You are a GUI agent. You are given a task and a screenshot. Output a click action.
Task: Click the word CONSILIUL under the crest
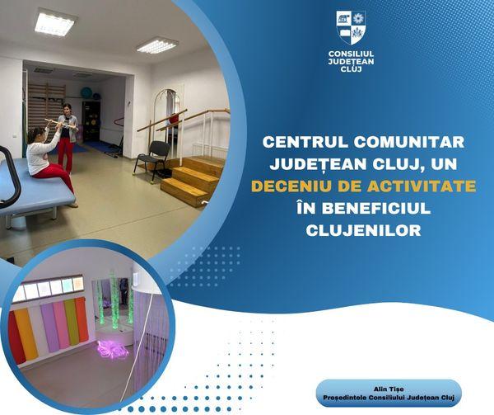[351, 54]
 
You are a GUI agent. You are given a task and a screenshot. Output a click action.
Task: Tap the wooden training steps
[189, 177]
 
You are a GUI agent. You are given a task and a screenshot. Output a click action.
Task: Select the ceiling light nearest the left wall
[54, 22]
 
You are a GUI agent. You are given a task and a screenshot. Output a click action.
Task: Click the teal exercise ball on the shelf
[86, 93]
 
